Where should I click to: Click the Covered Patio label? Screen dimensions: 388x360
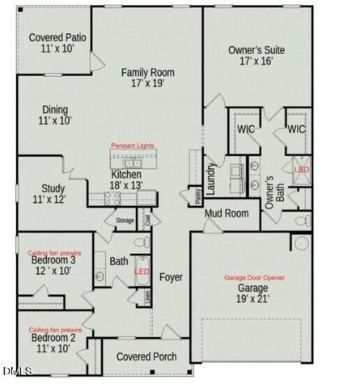tap(57, 37)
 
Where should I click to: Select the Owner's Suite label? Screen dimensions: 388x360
tap(256, 49)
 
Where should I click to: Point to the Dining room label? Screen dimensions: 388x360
tap(53, 110)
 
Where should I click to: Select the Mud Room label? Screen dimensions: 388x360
tap(226, 213)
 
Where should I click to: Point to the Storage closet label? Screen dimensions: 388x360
tap(125, 220)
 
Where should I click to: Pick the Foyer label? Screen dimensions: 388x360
tap(171, 277)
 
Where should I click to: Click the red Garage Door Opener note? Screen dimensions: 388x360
tap(254, 277)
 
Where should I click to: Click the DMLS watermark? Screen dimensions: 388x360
tap(16, 371)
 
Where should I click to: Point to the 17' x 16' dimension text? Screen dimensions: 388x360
tap(256, 61)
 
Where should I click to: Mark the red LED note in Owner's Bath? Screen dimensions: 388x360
tap(301, 170)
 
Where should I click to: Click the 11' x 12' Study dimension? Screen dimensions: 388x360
tap(49, 199)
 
